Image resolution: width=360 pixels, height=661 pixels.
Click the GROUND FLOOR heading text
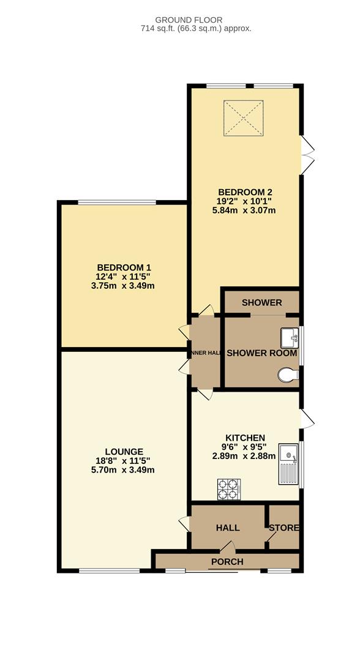point(180,20)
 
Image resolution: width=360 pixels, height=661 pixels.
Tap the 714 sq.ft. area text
point(180,28)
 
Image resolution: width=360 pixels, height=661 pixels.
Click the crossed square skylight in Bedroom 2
point(244,118)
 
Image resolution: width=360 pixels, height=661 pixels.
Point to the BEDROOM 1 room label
point(124,267)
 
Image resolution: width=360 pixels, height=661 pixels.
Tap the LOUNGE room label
point(124,452)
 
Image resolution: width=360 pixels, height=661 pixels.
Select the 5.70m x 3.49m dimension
point(124,470)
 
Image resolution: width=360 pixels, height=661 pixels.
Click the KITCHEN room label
point(245,438)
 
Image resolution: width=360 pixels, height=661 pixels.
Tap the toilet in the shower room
point(288,375)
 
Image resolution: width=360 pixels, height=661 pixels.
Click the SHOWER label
point(261,302)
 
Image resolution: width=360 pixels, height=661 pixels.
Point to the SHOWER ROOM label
point(261,353)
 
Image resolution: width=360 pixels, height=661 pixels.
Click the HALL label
point(227,528)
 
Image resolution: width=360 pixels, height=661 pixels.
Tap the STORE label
point(284,528)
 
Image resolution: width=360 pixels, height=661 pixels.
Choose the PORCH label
point(227,561)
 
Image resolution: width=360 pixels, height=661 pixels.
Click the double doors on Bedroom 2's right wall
point(308,153)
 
